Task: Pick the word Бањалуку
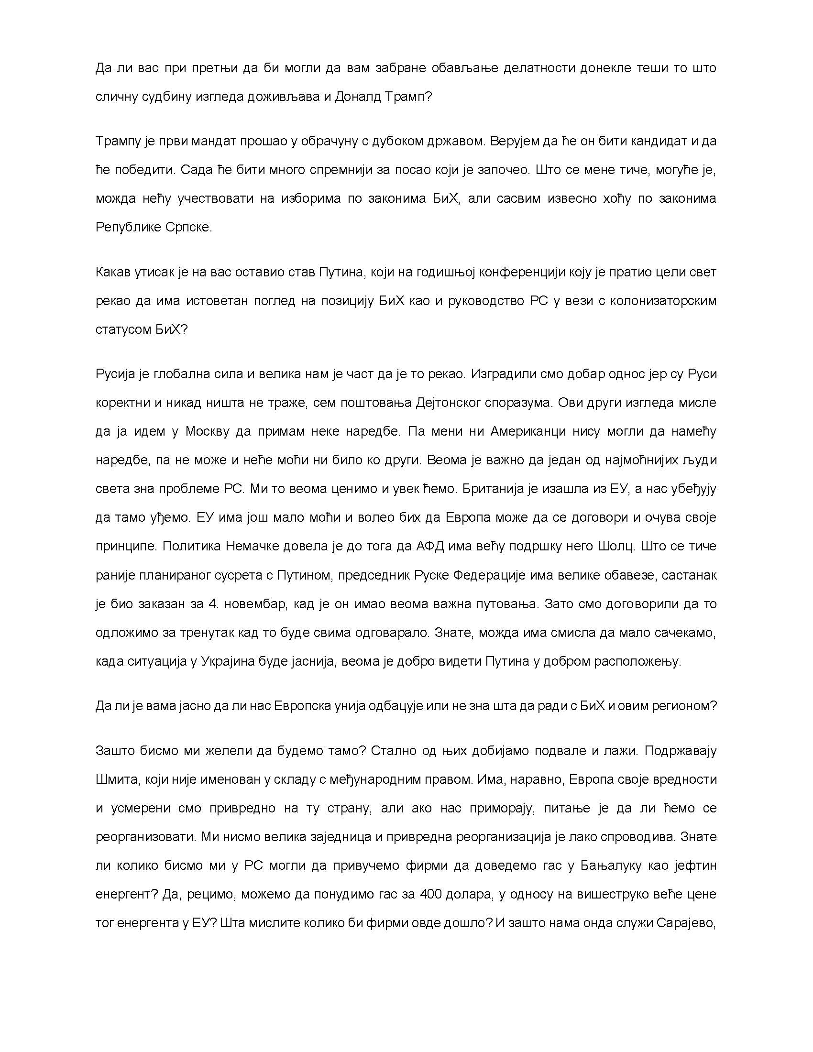click(x=611, y=866)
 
